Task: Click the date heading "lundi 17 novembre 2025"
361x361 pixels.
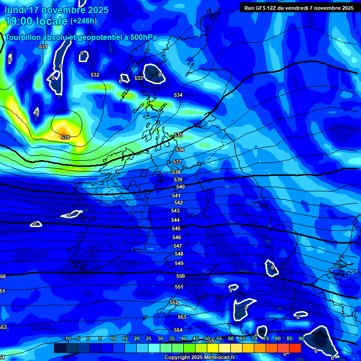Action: tap(56, 10)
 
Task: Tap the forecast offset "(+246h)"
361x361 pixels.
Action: tap(84, 21)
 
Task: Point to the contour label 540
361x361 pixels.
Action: tap(180, 187)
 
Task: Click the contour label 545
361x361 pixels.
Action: tap(176, 228)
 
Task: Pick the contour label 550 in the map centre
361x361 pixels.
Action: tap(180, 276)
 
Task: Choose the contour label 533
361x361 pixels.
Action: tap(139, 78)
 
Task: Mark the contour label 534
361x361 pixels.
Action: tap(178, 95)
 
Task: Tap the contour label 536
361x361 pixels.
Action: tap(180, 149)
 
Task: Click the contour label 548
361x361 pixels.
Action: tap(179, 254)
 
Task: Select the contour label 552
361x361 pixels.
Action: tap(174, 302)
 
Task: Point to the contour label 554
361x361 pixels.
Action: tap(178, 330)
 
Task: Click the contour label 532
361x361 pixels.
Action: tap(95, 75)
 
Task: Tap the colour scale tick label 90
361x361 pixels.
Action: tap(301, 339)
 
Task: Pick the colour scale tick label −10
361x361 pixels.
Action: tap(67, 339)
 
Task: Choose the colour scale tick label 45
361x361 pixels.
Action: tap(196, 339)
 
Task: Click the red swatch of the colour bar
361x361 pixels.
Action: tap(295, 348)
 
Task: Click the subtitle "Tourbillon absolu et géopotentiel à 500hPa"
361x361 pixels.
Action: tap(81, 37)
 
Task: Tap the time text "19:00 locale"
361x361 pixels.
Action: tap(36, 21)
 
